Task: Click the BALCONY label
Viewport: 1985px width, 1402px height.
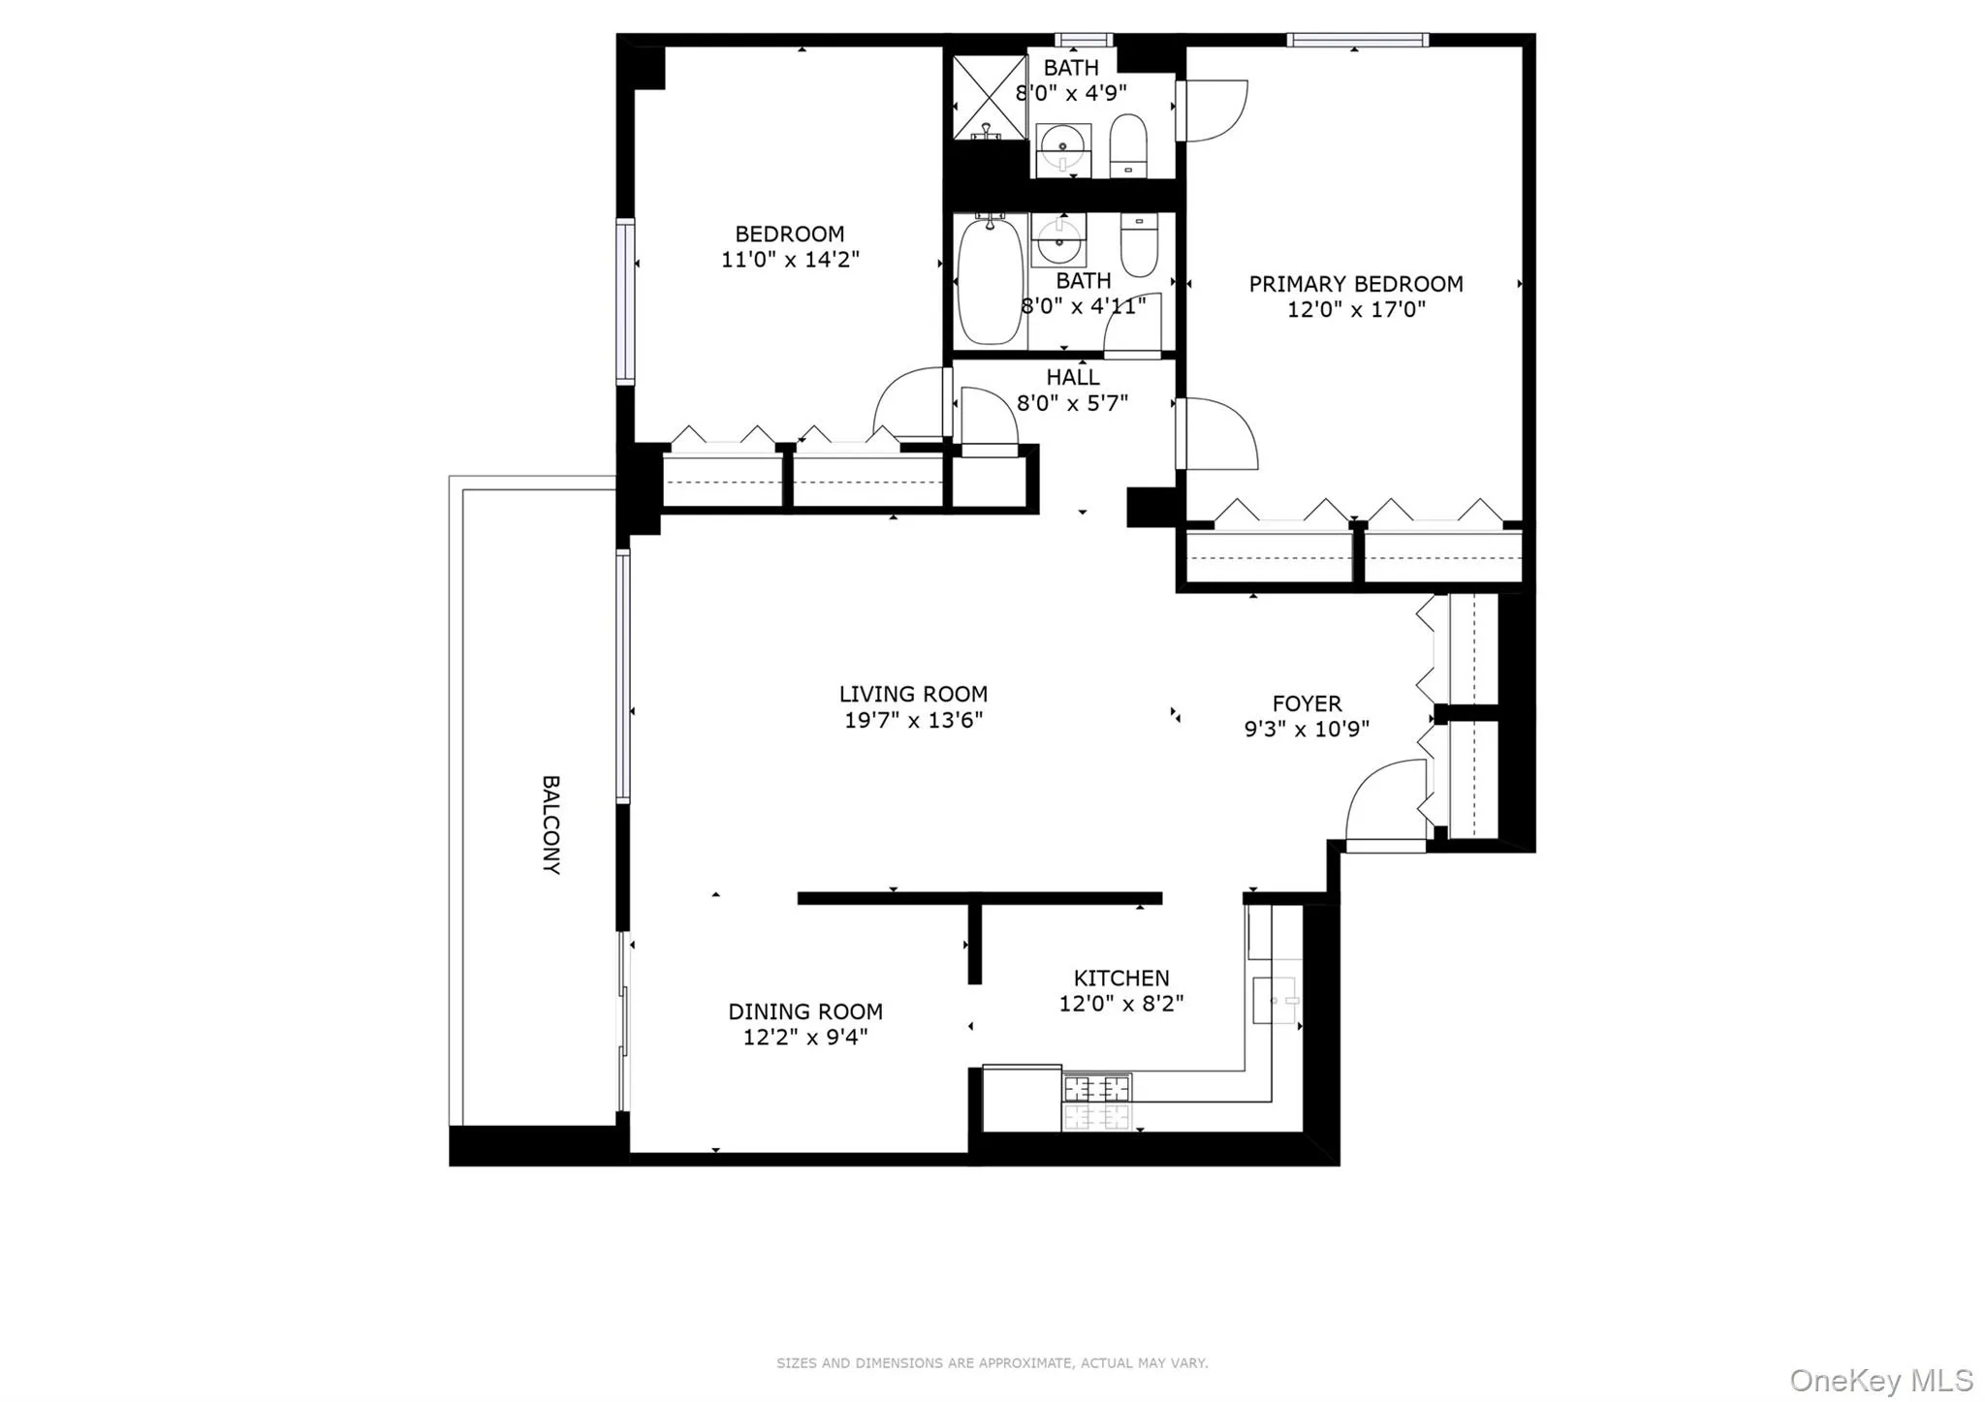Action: pos(551,825)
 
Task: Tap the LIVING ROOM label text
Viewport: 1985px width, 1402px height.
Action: pos(913,694)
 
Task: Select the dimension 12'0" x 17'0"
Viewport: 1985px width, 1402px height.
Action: pos(1356,309)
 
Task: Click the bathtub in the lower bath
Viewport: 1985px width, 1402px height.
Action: pos(990,280)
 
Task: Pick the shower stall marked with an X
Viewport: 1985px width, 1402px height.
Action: pos(989,97)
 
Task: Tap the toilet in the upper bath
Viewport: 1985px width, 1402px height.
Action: pos(1127,145)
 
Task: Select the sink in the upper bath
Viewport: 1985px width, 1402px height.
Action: pos(1063,150)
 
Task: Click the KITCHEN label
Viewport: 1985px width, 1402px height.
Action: pos(1121,978)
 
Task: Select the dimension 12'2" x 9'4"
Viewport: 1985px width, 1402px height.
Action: pos(804,1037)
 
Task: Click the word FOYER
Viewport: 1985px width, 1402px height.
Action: pos(1307,703)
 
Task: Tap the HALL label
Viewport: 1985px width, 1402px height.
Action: pos(1072,377)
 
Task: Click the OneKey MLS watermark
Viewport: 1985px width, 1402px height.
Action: pos(1880,1380)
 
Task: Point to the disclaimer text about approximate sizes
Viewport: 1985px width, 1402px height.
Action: pos(992,1362)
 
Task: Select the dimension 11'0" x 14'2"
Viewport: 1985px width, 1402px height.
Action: pos(790,260)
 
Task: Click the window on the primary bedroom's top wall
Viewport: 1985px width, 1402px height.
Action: pos(1357,40)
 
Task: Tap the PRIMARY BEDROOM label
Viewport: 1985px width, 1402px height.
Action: pos(1355,284)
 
